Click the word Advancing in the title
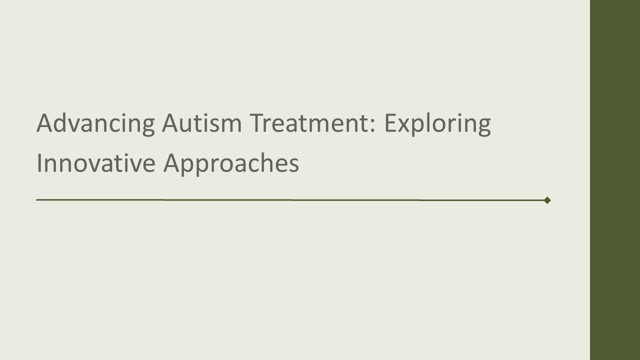pos(95,123)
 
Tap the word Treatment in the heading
pos(310,123)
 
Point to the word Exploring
pos(437,124)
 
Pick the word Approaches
pos(231,164)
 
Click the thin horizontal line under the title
pos(290,199)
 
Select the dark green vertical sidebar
pos(615,180)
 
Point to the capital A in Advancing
pos(44,123)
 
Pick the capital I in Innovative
pos(39,163)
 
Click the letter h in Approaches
pos(266,163)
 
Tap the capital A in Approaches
pos(171,163)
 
